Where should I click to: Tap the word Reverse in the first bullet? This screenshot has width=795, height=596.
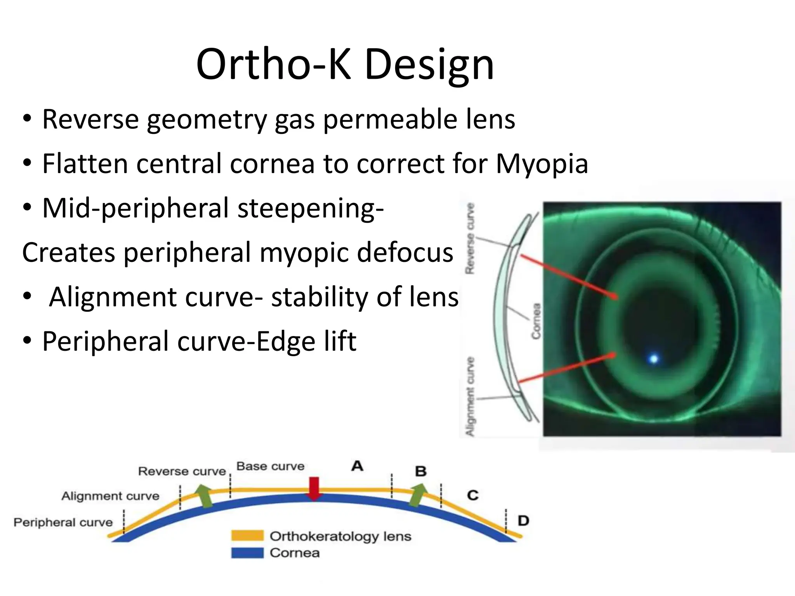click(90, 120)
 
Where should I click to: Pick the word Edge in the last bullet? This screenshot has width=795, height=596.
click(281, 342)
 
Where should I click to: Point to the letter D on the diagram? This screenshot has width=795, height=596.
click(523, 521)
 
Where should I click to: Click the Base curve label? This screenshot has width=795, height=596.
click(270, 466)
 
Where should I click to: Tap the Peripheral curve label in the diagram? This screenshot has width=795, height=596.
click(63, 523)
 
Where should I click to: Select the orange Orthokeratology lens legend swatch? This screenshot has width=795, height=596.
click(247, 536)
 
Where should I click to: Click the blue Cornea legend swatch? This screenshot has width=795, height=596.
click(247, 553)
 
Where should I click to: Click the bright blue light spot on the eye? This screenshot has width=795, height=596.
click(654, 359)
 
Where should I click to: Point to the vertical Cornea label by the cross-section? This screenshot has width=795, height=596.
click(536, 321)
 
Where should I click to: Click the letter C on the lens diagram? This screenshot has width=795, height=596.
click(473, 496)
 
